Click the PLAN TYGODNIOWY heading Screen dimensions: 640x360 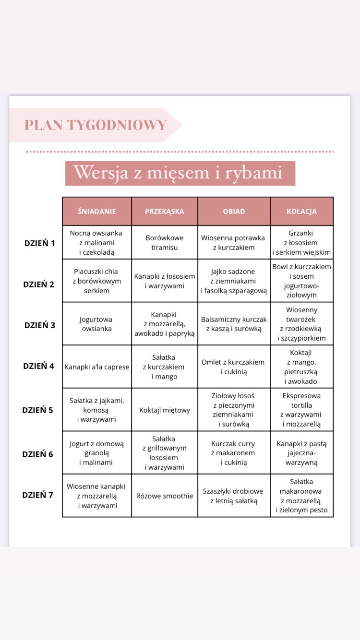pyautogui.click(x=96, y=125)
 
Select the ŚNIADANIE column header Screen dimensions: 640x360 pyautogui.click(x=97, y=211)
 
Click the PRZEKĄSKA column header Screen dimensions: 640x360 pyautogui.click(x=164, y=211)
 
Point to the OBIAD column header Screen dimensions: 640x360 pyautogui.click(x=234, y=211)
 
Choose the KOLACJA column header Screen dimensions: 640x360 pyautogui.click(x=301, y=211)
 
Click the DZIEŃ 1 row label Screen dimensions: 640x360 pyautogui.click(x=39, y=243)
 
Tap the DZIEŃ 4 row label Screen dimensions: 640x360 pyautogui.click(x=39, y=366)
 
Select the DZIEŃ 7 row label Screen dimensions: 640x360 pyautogui.click(x=38, y=495)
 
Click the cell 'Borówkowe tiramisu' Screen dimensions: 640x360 pyautogui.click(x=165, y=243)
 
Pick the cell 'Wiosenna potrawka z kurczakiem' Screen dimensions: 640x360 pyautogui.click(x=234, y=243)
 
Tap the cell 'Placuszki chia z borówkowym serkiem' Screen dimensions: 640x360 pyautogui.click(x=97, y=281)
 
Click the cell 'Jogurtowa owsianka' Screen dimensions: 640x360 pyautogui.click(x=97, y=324)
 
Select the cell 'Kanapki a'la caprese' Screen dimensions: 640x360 pyautogui.click(x=97, y=367)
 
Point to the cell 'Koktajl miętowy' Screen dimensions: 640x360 pyautogui.click(x=165, y=410)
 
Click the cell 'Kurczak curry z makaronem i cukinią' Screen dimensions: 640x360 pyautogui.click(x=234, y=453)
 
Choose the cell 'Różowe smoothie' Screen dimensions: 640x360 pyautogui.click(x=165, y=496)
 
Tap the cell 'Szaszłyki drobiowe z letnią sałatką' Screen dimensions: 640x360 pyautogui.click(x=234, y=496)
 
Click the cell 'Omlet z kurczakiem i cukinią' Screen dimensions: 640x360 pyautogui.click(x=234, y=367)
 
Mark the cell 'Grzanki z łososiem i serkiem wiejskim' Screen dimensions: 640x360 pyautogui.click(x=301, y=243)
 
